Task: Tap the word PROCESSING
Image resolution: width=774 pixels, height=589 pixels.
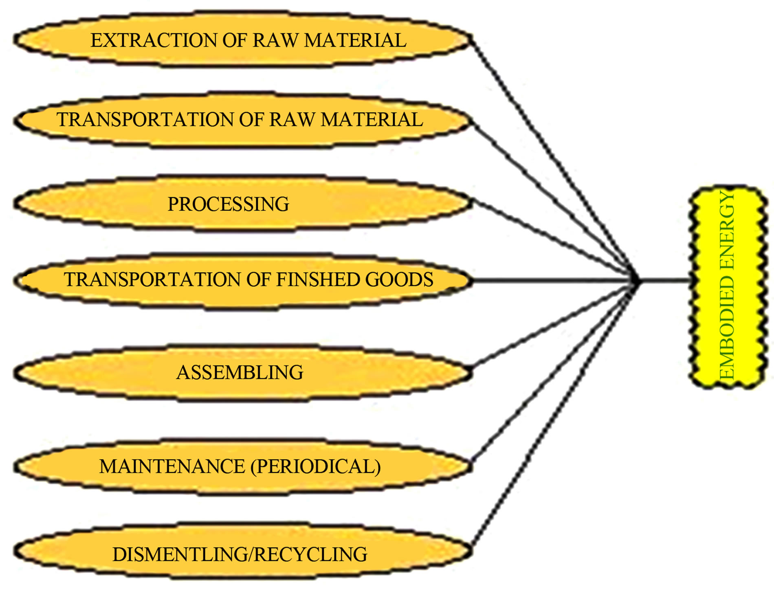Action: [228, 204]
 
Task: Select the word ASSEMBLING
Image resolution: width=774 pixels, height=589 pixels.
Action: [240, 372]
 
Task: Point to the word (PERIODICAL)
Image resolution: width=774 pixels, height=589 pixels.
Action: [316, 466]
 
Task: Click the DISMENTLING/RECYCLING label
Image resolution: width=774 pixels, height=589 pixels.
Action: [240, 554]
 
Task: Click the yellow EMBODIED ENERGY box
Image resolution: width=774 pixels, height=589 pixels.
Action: [728, 287]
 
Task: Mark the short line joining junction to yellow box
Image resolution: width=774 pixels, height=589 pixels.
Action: [664, 280]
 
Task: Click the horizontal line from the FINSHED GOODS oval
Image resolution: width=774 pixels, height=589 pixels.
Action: [550, 280]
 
